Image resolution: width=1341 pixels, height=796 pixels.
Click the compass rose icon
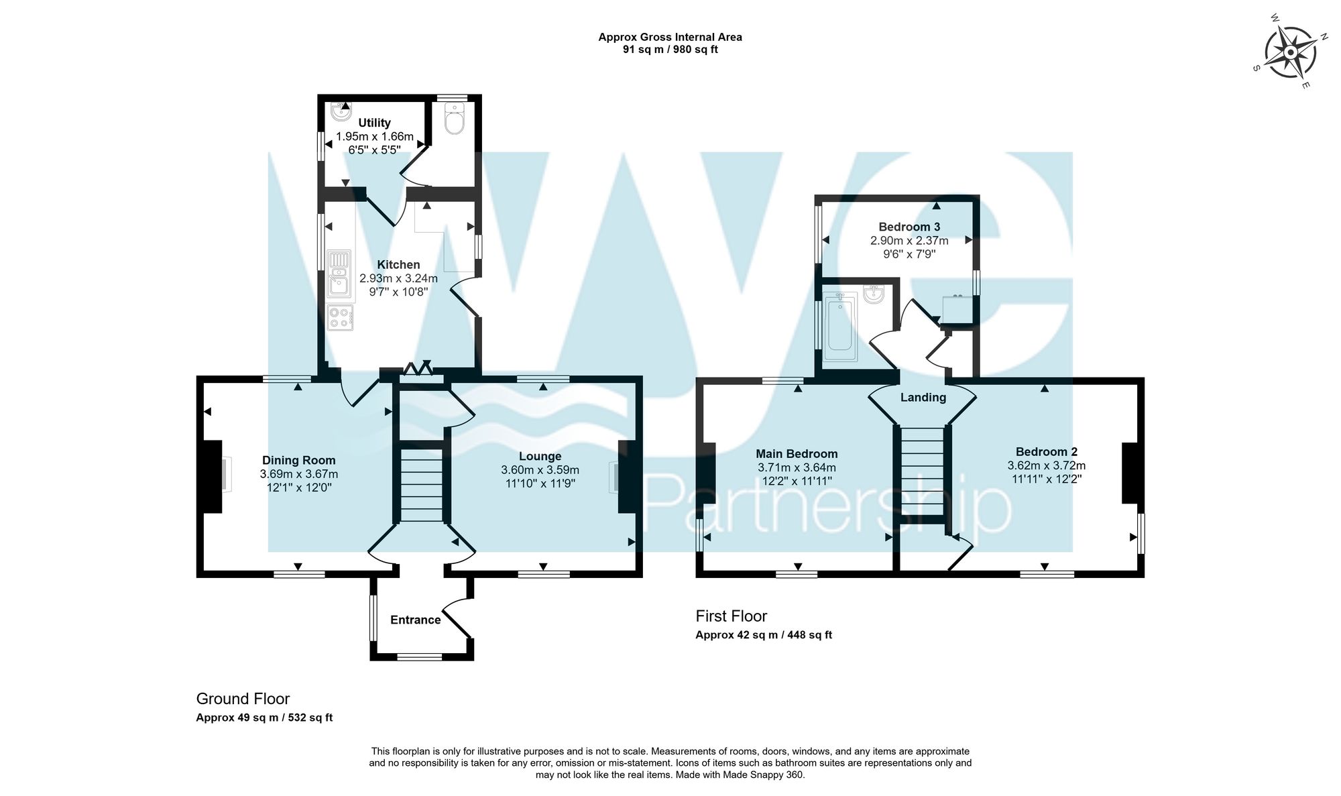pos(1290,52)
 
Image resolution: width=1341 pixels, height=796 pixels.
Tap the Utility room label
pos(374,123)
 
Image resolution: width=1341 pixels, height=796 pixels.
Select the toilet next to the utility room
pos(455,121)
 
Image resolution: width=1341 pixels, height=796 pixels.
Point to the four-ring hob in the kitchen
pos(341,317)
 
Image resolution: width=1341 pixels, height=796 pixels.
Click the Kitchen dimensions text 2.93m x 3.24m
pos(398,278)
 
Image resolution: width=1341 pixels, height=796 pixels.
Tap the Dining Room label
pos(298,460)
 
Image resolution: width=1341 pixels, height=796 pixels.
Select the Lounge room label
pos(540,457)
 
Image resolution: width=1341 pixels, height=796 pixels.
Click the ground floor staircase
pos(422,486)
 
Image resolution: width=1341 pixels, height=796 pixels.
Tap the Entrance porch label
pos(415,620)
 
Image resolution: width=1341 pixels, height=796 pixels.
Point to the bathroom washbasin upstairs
pos(874,294)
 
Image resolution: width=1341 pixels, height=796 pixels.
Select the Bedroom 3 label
pos(909,227)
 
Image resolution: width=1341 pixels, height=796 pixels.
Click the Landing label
pos(923,397)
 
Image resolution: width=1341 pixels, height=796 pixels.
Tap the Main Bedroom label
pos(797,454)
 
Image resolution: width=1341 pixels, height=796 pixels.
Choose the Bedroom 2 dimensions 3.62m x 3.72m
pos(1046,465)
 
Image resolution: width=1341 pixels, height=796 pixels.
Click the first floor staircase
pos(921,473)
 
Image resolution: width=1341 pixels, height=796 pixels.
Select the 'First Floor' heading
pos(731,616)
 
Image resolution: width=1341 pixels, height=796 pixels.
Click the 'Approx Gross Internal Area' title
pos(670,38)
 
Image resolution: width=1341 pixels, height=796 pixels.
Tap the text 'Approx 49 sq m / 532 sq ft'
pos(264,718)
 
